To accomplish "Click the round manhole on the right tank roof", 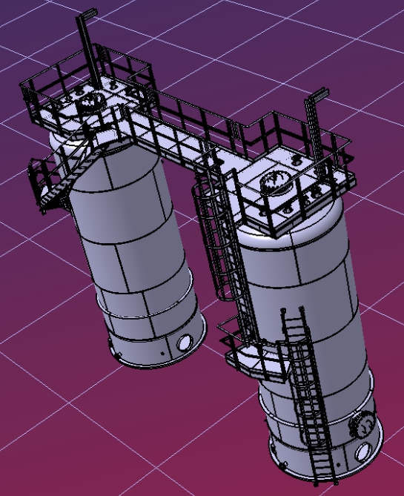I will (x=276, y=181).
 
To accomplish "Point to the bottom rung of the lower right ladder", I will (x=323, y=475).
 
